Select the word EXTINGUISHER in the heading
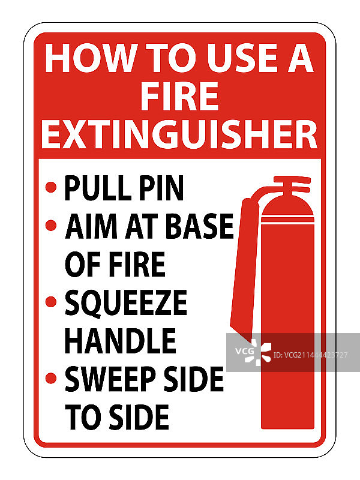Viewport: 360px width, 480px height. (179, 134)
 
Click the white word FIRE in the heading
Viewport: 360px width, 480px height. (179, 96)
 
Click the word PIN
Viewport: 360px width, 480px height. (161, 188)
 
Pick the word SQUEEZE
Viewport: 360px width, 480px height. (126, 302)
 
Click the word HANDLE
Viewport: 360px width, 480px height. (121, 341)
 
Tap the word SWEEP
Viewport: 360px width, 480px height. (110, 379)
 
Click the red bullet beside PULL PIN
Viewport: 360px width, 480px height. (51, 187)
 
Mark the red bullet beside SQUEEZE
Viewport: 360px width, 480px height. (51, 302)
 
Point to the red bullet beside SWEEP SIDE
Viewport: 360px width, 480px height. (51, 378)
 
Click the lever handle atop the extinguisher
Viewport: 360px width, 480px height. (293, 182)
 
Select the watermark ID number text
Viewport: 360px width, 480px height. (310, 355)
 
